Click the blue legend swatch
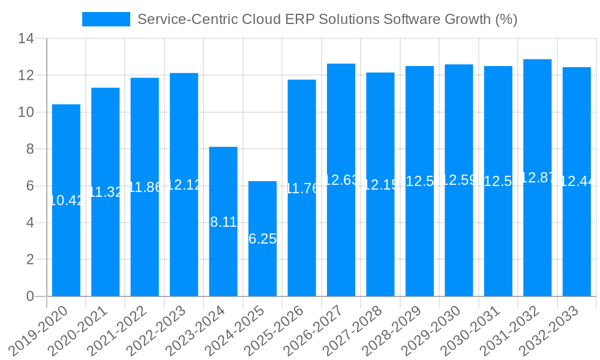[106, 19]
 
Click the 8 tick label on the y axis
[30, 149]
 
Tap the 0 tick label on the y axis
[30, 296]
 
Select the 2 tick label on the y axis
[30, 260]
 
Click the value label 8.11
[223, 222]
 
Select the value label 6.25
[262, 239]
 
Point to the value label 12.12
[184, 185]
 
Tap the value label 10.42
[66, 201]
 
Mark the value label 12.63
[341, 180]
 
